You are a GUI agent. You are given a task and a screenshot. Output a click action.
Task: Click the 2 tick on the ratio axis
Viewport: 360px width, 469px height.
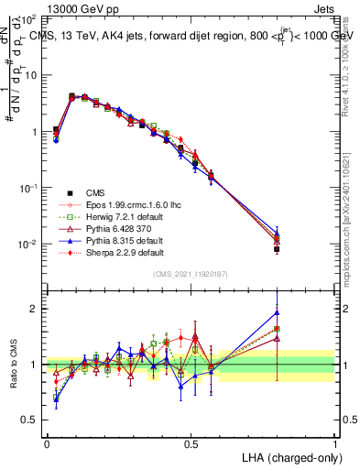tap(35, 309)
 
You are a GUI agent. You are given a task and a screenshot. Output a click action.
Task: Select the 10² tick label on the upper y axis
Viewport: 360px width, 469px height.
tap(28, 18)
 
